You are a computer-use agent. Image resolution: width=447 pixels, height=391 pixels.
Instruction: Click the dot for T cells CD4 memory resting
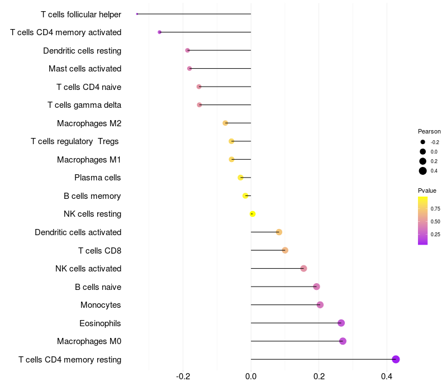point(396,359)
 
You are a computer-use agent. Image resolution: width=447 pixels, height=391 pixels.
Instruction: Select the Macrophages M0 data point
point(343,341)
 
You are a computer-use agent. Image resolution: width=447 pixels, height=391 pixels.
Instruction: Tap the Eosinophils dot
point(341,323)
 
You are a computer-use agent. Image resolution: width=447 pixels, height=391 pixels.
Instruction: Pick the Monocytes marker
point(320,305)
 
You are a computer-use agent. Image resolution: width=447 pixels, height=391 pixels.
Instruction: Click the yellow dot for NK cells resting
point(253,214)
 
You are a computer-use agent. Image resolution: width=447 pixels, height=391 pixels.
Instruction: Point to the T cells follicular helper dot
point(137,14)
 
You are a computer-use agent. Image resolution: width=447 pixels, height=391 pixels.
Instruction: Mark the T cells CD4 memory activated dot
point(160,32)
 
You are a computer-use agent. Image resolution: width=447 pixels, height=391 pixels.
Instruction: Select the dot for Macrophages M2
point(225,123)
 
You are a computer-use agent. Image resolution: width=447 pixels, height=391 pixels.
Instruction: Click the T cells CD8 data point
point(285,250)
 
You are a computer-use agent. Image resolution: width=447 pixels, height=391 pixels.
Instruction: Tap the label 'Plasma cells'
point(98,178)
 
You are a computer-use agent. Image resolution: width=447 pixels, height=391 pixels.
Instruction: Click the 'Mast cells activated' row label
point(85,69)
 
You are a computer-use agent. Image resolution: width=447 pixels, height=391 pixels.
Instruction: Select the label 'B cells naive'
point(98,287)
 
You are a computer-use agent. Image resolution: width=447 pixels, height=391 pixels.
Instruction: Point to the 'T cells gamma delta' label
point(84,105)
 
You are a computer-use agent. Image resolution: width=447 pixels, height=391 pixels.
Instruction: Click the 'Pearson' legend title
point(429,131)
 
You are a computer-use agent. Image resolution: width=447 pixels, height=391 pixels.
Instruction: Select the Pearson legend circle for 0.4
point(423,171)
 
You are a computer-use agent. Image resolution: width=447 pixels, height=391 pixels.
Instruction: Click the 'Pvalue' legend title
point(427,190)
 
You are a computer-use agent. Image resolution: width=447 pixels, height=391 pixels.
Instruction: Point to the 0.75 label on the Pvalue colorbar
point(435,209)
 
